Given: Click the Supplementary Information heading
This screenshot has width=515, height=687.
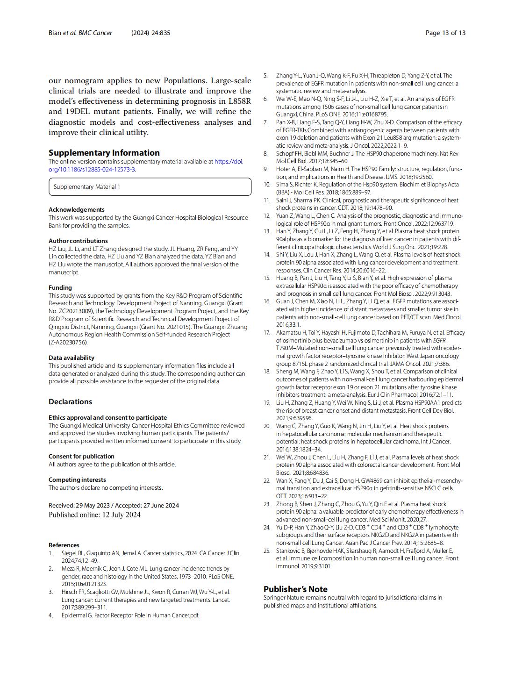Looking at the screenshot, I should click(104, 153).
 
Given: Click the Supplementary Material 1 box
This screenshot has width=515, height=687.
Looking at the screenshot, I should click(150, 187).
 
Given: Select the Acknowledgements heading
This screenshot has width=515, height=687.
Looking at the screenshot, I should click(77, 210).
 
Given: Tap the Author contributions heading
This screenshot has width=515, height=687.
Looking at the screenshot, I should click(78, 241).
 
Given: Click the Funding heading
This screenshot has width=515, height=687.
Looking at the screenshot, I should click(60, 288).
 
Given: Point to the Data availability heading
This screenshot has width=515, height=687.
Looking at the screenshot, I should click(72, 358).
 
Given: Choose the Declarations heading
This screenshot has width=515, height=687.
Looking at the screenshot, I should click(70, 402).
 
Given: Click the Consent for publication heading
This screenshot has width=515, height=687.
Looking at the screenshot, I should click(81, 457).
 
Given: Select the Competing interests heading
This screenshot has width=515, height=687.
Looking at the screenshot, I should click(77, 480).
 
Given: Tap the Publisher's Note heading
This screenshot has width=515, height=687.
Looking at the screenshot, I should click(295, 589).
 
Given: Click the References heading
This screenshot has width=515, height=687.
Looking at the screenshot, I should click(64, 545).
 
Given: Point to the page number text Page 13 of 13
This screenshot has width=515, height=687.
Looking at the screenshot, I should click(445, 33).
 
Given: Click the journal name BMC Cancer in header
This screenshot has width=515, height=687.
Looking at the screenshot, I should click(95, 33).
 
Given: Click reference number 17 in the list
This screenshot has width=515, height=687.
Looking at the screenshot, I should click(267, 333).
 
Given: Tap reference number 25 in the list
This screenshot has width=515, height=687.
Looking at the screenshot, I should click(267, 551).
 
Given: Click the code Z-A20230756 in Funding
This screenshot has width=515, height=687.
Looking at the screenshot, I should click(68, 343).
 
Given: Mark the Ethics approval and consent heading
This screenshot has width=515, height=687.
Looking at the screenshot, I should click(107, 418).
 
